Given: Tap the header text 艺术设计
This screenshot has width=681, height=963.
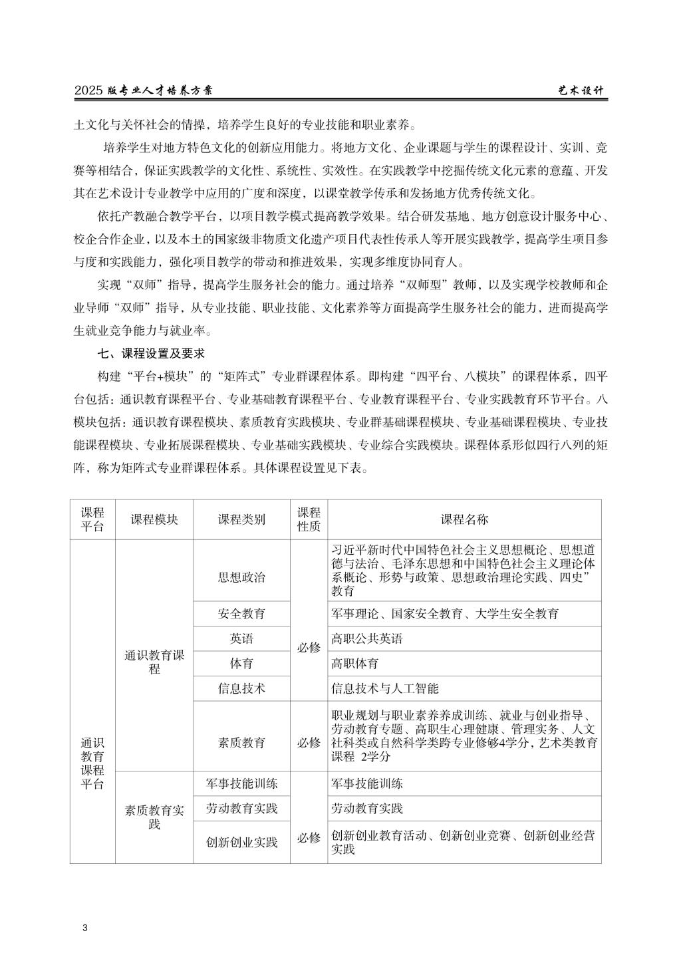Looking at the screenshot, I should click(581, 90).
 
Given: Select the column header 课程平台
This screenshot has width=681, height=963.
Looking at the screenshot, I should click(92, 519).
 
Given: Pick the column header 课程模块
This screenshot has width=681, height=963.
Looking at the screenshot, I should click(154, 519).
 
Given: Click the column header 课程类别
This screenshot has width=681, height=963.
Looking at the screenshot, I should click(241, 519).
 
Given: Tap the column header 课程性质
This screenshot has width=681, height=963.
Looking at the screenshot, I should click(309, 519).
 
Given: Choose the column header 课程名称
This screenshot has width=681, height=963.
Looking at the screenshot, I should click(464, 519).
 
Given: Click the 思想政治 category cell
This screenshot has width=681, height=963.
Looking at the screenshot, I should click(241, 577).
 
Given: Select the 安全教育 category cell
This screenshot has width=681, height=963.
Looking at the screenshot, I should click(241, 613).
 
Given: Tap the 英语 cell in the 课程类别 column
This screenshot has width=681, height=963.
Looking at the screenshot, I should click(241, 638).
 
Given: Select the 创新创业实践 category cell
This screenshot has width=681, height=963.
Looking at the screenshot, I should click(241, 842).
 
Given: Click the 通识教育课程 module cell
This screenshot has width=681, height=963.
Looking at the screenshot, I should click(154, 662).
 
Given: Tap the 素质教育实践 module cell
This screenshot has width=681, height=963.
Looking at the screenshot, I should click(154, 817).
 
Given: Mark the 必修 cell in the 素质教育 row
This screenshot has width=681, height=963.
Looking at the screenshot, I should click(309, 742).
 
